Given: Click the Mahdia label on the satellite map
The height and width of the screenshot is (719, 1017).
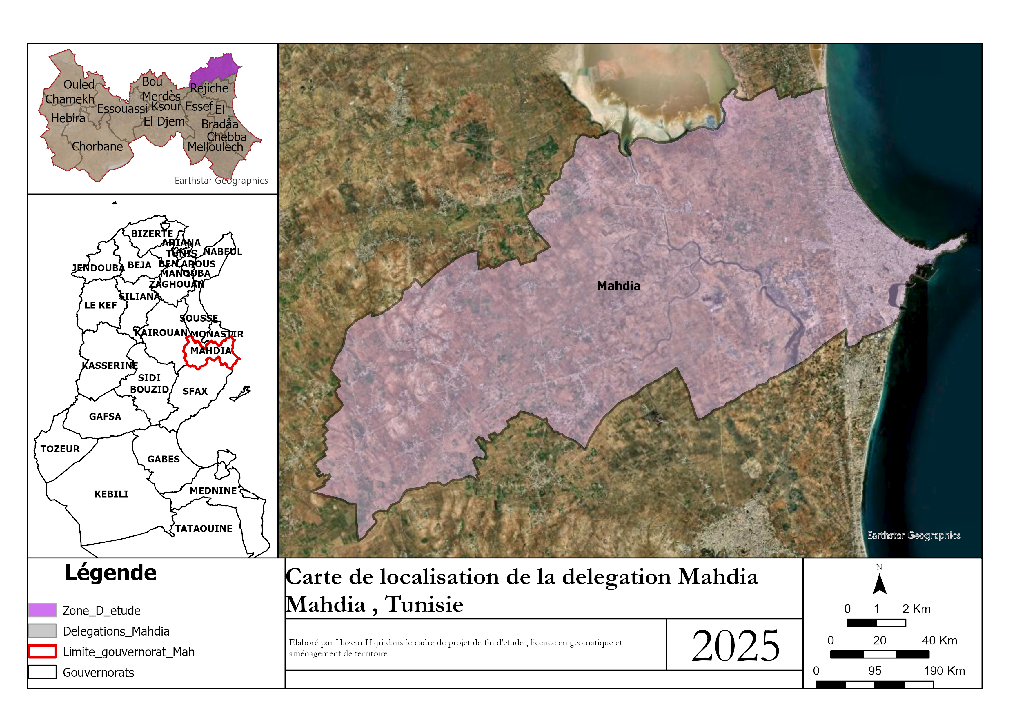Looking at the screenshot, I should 618,286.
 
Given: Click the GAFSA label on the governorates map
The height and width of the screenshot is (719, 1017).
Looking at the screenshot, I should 105,416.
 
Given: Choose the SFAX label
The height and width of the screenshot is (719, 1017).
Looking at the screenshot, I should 195,391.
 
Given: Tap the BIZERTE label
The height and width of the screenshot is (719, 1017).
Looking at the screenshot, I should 152,233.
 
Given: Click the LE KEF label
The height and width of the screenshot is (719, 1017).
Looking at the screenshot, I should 101,305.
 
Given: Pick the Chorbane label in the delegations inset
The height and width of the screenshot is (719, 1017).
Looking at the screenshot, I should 97,147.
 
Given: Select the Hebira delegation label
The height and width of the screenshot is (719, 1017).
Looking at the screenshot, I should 68,118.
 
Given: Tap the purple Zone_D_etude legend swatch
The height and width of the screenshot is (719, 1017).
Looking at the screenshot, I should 43,610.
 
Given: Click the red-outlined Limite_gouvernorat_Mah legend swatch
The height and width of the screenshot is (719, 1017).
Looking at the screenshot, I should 43,651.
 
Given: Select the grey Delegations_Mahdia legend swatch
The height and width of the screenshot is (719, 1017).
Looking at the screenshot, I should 43,630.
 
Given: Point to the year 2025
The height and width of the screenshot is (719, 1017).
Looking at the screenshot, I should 735,646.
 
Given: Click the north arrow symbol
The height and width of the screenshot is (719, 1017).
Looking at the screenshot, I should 879,585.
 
